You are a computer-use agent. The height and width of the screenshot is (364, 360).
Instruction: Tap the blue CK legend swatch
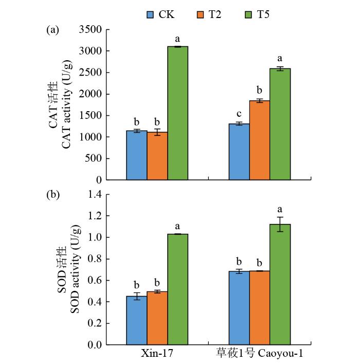(x=151, y=14)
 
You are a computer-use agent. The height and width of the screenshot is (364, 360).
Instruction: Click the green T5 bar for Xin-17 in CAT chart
(x=177, y=113)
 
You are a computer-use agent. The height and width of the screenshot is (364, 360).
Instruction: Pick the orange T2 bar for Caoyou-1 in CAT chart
(x=259, y=140)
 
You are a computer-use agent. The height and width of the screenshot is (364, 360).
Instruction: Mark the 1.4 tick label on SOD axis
(x=95, y=194)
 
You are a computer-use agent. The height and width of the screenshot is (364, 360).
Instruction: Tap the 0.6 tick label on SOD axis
(x=95, y=280)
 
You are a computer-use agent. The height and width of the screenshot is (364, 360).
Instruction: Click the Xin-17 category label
(x=157, y=355)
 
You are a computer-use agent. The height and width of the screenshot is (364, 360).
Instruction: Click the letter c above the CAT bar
(x=239, y=114)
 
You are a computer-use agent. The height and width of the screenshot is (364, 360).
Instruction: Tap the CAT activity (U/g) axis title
(x=66, y=105)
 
